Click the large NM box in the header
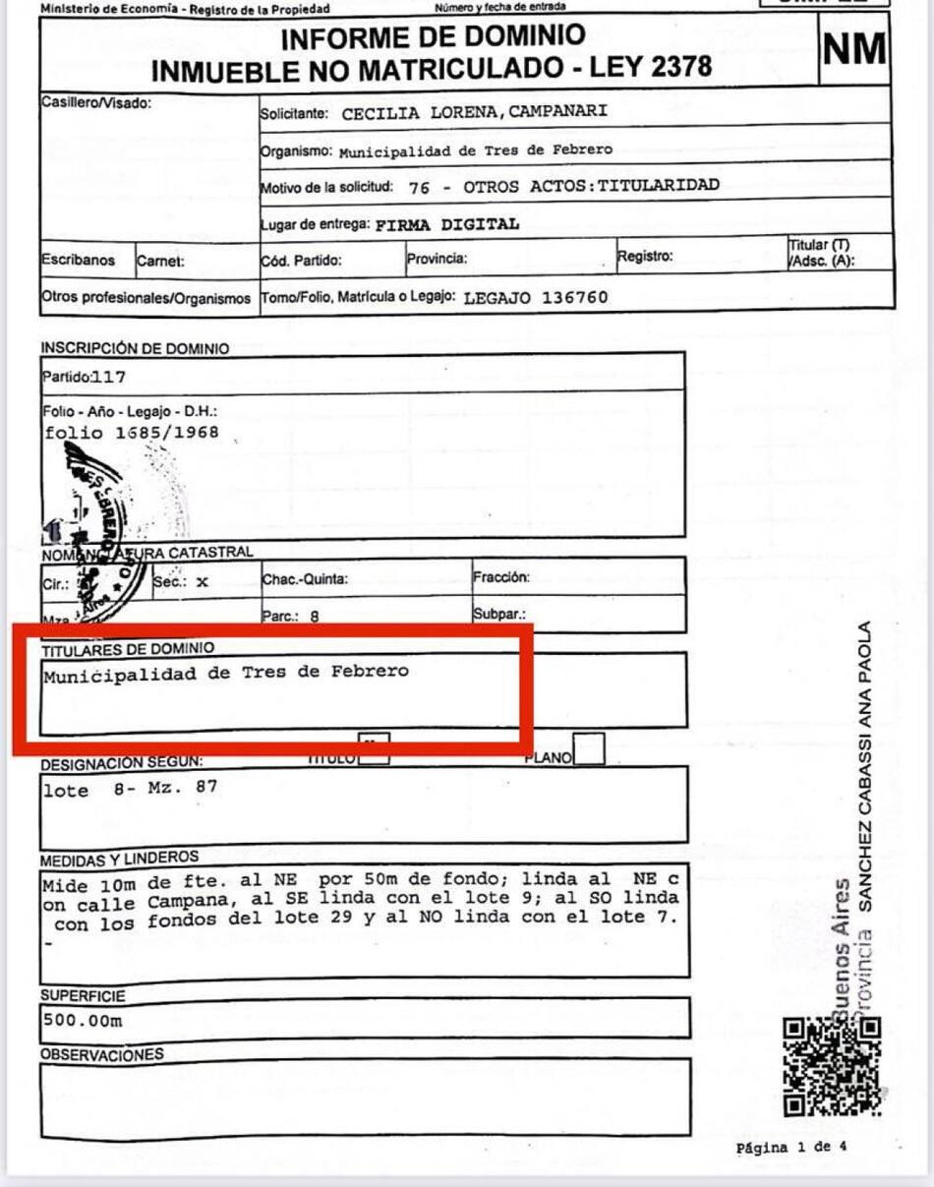tap(854, 50)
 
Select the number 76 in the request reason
tap(419, 186)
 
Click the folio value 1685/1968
tap(166, 432)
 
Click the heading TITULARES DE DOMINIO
tap(127, 648)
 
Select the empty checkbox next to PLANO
tap(589, 750)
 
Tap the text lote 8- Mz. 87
tap(130, 789)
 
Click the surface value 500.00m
tap(83, 1020)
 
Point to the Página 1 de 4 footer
tap(790, 1147)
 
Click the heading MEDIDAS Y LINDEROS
tap(119, 859)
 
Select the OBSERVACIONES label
tap(101, 1054)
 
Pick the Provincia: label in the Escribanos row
tap(437, 260)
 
